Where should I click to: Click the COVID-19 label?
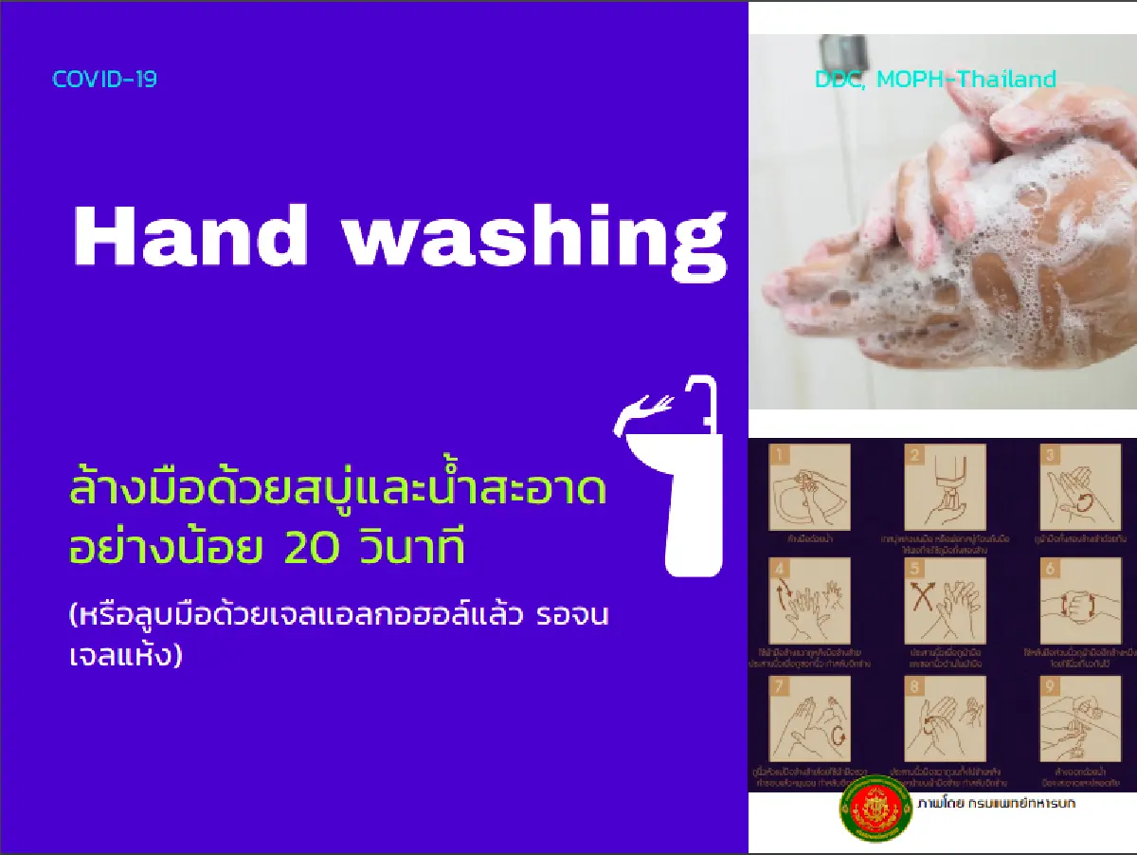pyautogui.click(x=104, y=80)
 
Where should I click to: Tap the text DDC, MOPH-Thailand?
pyautogui.click(x=935, y=80)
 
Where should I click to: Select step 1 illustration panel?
pyautogui.click(x=809, y=487)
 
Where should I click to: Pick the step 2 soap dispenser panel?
pyautogui.click(x=944, y=487)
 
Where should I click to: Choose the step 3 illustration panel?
pyautogui.click(x=1080, y=487)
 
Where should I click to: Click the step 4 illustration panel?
pyautogui.click(x=809, y=601)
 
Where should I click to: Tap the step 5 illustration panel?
pyautogui.click(x=944, y=601)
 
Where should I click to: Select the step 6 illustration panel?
pyautogui.click(x=1080, y=601)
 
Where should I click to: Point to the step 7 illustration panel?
pyautogui.click(x=809, y=718)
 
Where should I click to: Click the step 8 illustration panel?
pyautogui.click(x=944, y=718)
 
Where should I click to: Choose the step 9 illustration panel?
pyautogui.click(x=1080, y=718)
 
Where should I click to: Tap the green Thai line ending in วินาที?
pyautogui.click(x=268, y=549)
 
